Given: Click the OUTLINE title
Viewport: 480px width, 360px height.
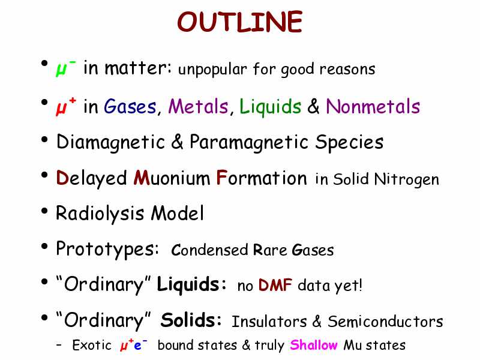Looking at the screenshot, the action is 239,22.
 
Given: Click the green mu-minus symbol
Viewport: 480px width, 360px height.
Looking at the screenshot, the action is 65,68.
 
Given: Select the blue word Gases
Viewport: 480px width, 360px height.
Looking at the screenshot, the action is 130,107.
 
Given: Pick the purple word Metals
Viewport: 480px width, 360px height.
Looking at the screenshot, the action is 199,107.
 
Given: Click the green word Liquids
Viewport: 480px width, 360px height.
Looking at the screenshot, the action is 271,107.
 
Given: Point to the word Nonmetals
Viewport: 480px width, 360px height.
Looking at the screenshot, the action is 373,107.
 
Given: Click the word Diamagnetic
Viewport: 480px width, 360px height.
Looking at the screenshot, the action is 111,142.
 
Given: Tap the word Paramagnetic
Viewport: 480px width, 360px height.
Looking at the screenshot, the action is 249,142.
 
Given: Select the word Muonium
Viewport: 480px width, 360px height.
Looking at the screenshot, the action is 172,178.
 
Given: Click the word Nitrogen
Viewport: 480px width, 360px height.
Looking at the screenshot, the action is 407,179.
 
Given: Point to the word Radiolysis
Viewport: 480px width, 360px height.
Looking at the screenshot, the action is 100,214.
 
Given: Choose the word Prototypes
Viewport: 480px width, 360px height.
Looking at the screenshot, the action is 107,249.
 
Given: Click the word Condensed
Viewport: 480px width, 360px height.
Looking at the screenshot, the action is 209,250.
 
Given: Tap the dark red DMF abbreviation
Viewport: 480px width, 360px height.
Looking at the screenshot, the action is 275,285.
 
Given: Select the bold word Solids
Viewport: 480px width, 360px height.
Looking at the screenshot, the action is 191,320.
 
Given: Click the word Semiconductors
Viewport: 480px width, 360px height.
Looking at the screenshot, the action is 385,322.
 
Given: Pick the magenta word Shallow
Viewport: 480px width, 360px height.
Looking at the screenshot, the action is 314,345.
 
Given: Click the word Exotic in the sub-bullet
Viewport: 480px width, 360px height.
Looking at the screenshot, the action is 92,346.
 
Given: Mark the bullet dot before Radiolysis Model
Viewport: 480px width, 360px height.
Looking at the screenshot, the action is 44,211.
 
